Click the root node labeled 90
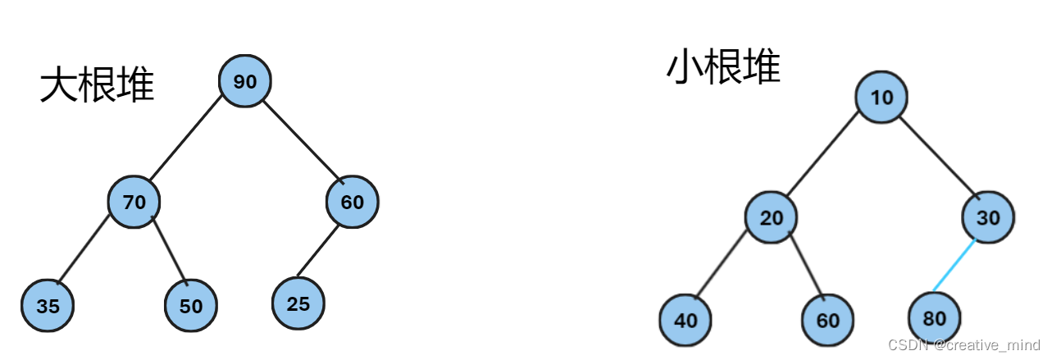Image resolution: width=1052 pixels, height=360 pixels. pyautogui.click(x=244, y=81)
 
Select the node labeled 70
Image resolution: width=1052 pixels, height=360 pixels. pyautogui.click(x=134, y=201)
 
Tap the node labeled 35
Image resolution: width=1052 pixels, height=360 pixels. pyautogui.click(x=48, y=306)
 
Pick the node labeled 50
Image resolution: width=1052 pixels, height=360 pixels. pyautogui.click(x=190, y=305)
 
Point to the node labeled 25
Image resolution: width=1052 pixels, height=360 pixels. pyautogui.click(x=298, y=303)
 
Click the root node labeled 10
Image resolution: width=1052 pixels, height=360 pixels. pyautogui.click(x=881, y=98)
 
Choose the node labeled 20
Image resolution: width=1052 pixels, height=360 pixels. pyautogui.click(x=771, y=217)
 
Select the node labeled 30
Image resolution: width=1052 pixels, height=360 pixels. pyautogui.click(x=988, y=217)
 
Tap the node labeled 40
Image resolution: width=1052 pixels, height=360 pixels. pyautogui.click(x=685, y=319)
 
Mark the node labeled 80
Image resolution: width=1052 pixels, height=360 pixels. pyautogui.click(x=934, y=317)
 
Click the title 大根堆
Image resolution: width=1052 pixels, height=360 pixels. pyautogui.click(x=97, y=84)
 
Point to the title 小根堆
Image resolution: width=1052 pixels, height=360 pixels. pyautogui.click(x=723, y=67)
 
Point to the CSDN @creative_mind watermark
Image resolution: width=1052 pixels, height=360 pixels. pyautogui.click(x=963, y=345)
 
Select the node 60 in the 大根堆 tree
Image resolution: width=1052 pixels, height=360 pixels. pyautogui.click(x=353, y=202)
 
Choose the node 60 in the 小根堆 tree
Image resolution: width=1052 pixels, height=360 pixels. pyautogui.click(x=828, y=319)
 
